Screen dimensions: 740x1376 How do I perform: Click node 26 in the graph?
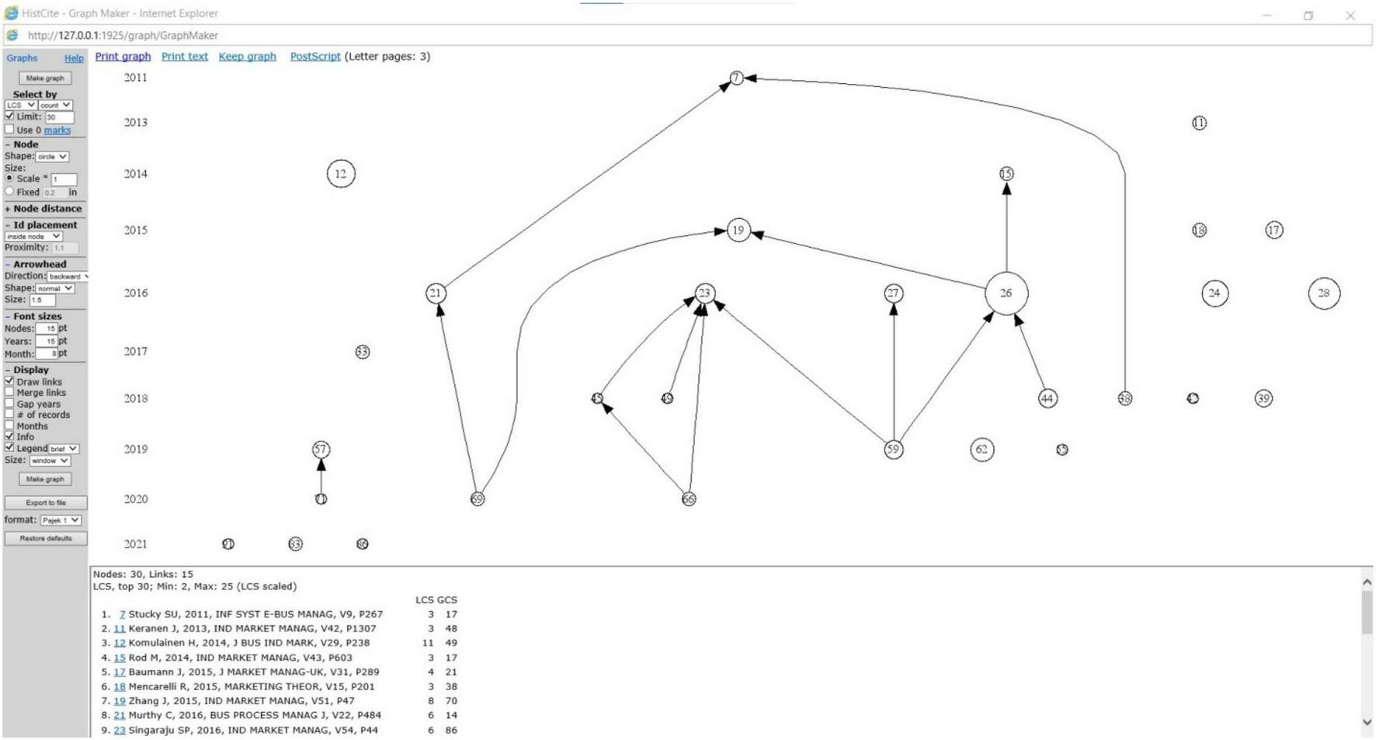click(1006, 294)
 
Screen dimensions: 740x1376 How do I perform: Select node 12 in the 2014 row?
click(340, 174)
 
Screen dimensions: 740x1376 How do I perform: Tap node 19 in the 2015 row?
click(738, 230)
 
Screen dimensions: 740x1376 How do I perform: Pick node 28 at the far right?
click(1323, 294)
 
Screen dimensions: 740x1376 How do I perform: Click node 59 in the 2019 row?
click(893, 450)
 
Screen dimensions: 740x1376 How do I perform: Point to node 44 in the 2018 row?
click(1047, 398)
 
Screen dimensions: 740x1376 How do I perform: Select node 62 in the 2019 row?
click(982, 450)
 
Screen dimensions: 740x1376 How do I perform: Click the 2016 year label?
click(136, 293)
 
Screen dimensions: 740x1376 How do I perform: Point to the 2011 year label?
click(136, 78)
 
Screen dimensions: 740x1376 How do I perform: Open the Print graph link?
click(123, 57)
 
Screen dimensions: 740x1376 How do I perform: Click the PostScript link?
click(314, 57)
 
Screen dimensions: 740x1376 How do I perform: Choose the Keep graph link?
click(247, 57)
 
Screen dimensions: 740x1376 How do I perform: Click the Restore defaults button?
click(45, 538)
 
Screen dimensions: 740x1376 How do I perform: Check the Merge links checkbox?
click(9, 393)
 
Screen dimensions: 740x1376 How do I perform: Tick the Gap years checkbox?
click(9, 404)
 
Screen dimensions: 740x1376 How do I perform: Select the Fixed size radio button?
click(9, 191)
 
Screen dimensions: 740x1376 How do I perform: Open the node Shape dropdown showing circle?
click(53, 157)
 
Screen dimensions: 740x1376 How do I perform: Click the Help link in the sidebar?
click(74, 58)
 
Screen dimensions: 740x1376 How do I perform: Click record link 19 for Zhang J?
click(120, 701)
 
